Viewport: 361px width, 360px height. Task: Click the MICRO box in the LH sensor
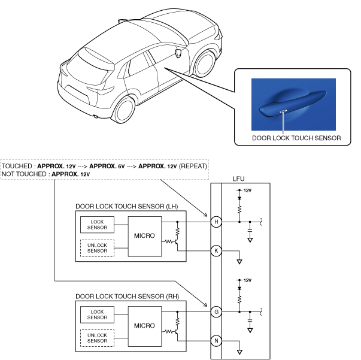point(145,236)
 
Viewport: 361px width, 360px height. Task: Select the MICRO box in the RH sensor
point(145,325)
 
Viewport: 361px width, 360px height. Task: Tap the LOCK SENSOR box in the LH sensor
point(96,224)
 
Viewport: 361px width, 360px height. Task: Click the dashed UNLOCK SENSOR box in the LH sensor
point(96,247)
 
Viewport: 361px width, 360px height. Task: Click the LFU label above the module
point(238,179)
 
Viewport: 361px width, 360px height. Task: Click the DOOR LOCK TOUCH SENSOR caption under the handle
point(296,138)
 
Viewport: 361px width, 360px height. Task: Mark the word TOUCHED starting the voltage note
point(17,165)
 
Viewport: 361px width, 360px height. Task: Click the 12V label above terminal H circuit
point(247,191)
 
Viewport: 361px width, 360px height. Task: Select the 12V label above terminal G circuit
point(247,280)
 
